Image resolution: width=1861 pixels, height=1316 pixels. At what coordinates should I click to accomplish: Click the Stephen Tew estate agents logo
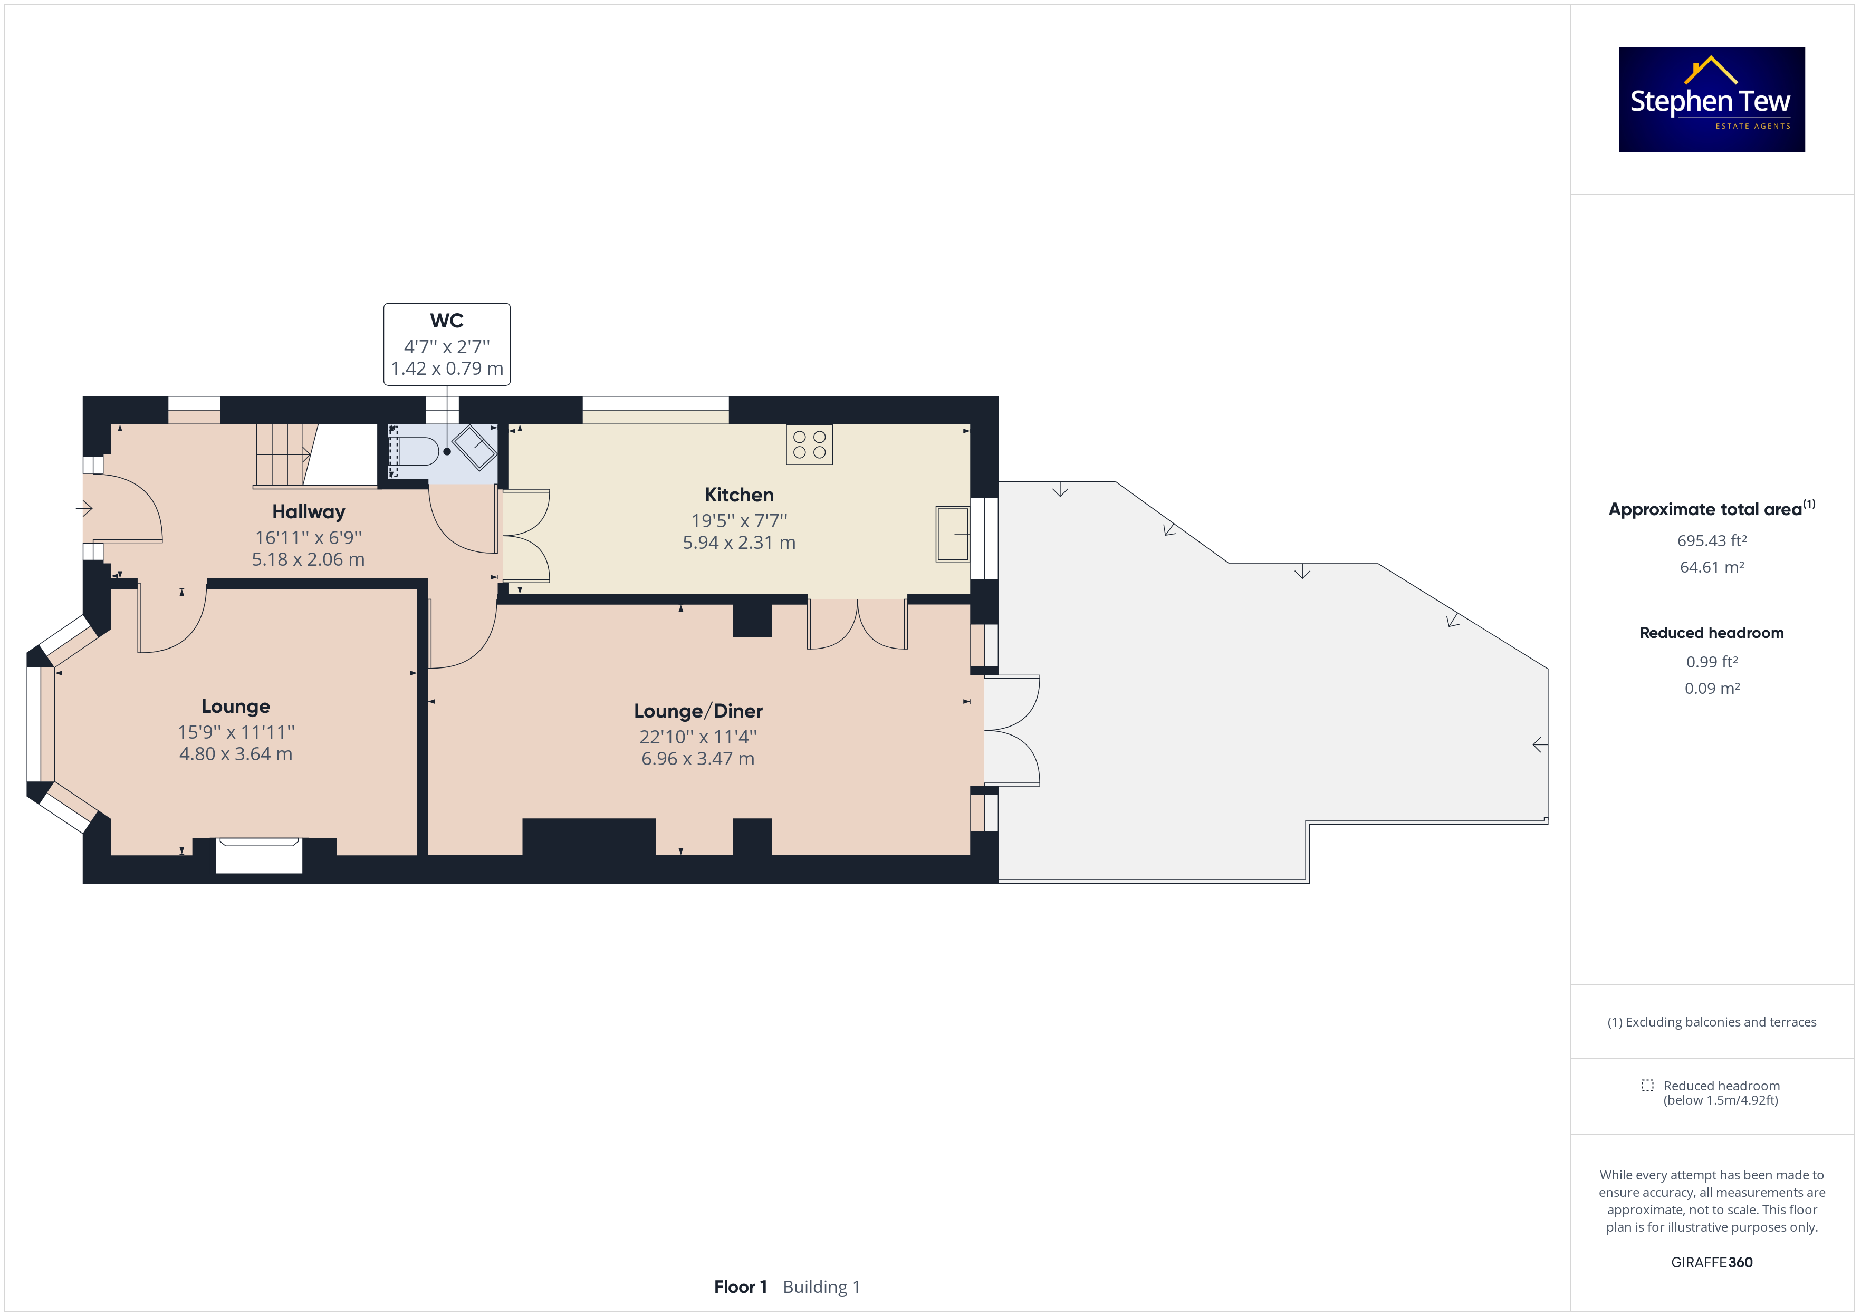point(1711,99)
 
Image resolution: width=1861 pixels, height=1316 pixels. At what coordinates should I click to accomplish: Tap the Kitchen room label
point(738,495)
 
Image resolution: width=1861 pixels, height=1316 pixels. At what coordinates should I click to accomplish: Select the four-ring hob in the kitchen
point(809,444)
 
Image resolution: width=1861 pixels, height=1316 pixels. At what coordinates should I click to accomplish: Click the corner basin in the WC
point(474,447)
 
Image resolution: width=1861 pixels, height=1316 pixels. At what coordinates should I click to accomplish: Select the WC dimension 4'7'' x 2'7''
point(447,347)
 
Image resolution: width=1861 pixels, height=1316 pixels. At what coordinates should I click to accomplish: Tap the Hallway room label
point(309,512)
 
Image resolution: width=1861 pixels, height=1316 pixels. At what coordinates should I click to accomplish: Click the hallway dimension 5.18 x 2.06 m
point(308,559)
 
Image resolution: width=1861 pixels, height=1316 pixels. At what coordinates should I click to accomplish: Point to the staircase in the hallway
point(316,456)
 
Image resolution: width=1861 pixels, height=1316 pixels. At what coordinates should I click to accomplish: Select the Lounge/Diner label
point(698,711)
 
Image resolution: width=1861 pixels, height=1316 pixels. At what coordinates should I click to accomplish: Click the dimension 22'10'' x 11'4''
point(698,737)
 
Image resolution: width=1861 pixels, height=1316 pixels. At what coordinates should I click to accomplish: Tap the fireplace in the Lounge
point(260,855)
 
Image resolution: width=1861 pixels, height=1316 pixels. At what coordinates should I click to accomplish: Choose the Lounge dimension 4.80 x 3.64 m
point(236,753)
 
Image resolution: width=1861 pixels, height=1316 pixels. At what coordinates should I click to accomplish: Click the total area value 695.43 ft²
point(1712,540)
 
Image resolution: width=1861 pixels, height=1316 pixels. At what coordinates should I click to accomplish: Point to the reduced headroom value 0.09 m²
point(1712,688)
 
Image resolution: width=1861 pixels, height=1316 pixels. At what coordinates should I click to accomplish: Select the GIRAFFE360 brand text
point(1712,1262)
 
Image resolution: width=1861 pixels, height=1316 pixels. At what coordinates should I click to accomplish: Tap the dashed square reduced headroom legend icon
point(1647,1085)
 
